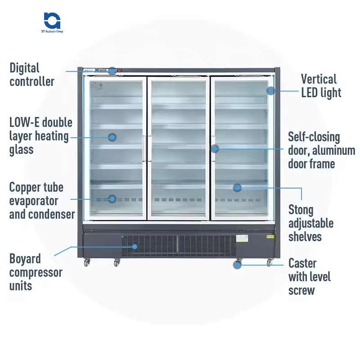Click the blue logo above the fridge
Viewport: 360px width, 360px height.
[52, 21]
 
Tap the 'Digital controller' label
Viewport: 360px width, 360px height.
[31, 75]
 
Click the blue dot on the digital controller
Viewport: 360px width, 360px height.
[112, 71]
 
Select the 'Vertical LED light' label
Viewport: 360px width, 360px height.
[321, 86]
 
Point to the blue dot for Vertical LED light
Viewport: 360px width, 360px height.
[270, 90]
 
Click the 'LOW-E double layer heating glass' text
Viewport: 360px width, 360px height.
[40, 136]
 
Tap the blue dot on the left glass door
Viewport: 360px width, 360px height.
[112, 137]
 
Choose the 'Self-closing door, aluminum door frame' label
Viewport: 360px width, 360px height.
[321, 150]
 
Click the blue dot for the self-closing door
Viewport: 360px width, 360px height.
[215, 148]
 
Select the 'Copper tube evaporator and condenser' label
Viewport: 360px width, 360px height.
[42, 201]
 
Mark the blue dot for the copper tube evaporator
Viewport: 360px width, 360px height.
[112, 198]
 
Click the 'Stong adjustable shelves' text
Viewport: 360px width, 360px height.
[310, 223]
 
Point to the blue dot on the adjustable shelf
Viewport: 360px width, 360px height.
[237, 187]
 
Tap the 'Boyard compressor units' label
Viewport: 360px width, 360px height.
[36, 272]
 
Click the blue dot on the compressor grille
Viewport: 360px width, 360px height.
[135, 246]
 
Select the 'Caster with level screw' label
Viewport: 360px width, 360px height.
[309, 276]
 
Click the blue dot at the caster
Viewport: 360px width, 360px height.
[237, 265]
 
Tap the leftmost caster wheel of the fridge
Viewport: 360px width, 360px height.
[87, 262]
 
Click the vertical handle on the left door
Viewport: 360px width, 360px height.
[144, 148]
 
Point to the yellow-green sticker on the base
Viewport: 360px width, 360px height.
[270, 235]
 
